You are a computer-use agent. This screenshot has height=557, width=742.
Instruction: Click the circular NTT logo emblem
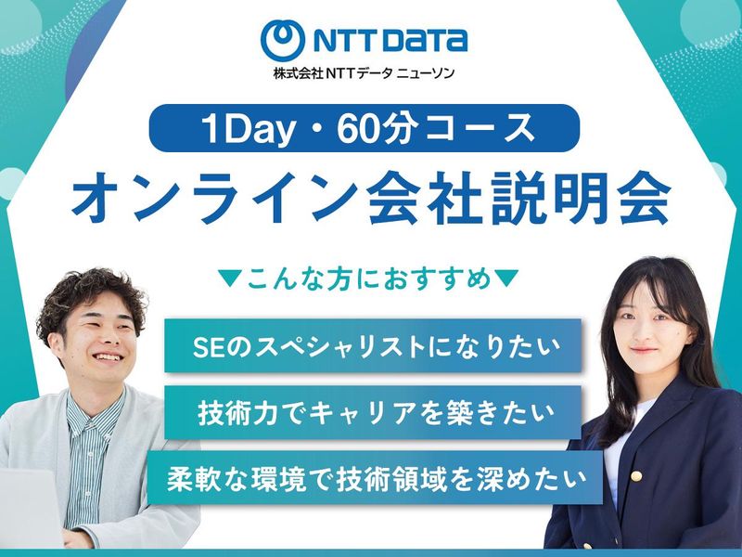click(283, 40)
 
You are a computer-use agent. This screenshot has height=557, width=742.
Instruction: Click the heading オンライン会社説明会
click(370, 199)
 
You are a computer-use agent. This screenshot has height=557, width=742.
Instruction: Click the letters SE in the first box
click(205, 347)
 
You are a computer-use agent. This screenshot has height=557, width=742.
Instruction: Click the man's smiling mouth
click(106, 357)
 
